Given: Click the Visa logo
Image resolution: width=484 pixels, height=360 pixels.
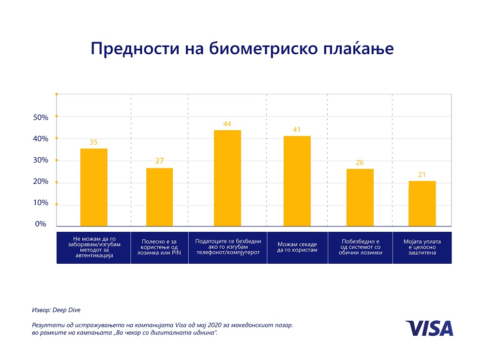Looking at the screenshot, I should (x=429, y=328).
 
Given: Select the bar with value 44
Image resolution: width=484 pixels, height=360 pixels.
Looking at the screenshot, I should (x=227, y=178).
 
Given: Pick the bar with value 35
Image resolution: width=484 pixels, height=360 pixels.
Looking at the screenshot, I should (x=94, y=187).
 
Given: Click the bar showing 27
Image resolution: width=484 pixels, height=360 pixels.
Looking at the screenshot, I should (x=159, y=196).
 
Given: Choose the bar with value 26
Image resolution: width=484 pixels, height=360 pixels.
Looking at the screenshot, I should (x=360, y=197).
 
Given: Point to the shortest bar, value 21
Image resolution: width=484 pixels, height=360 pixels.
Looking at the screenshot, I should (x=422, y=203).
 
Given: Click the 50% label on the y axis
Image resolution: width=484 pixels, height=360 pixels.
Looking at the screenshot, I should (x=41, y=118).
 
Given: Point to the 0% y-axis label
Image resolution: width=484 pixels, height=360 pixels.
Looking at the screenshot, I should (x=41, y=225).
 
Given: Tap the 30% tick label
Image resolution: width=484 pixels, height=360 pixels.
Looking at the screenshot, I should (x=41, y=160).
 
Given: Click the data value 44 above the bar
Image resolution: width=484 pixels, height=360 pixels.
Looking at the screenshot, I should (x=227, y=124).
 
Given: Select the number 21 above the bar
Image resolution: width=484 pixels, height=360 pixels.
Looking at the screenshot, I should (x=422, y=175).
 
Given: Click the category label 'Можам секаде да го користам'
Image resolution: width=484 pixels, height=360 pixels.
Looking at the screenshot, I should (x=297, y=247).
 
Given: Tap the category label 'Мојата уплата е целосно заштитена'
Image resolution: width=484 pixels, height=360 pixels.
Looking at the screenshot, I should (x=422, y=247).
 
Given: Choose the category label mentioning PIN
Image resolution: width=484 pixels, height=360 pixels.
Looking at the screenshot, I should (x=159, y=247).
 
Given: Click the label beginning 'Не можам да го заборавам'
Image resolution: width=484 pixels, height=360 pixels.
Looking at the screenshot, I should (x=94, y=247).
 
